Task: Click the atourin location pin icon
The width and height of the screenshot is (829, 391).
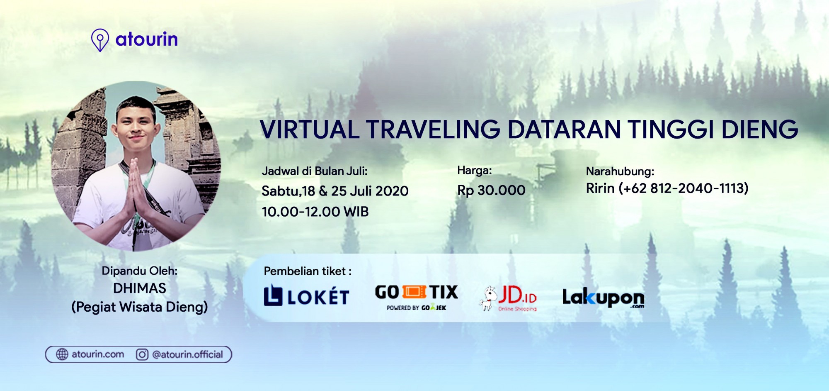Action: (100, 40)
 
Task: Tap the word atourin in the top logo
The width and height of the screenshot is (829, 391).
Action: (147, 39)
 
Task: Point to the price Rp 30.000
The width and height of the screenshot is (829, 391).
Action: (491, 190)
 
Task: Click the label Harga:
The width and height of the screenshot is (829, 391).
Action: (474, 170)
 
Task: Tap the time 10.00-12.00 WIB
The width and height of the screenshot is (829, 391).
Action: (315, 212)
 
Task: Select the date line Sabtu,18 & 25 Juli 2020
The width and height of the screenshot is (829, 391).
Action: (335, 191)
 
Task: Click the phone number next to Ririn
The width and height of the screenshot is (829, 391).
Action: (684, 188)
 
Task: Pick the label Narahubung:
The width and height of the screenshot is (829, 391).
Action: (620, 171)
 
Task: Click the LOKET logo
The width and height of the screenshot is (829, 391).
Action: (306, 296)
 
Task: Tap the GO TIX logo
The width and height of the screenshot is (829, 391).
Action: (417, 297)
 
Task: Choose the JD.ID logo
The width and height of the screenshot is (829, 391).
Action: (508, 298)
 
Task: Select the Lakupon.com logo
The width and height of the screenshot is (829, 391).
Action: (603, 298)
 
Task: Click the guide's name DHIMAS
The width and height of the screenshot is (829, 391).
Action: (140, 288)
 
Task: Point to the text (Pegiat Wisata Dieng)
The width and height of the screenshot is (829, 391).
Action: (140, 307)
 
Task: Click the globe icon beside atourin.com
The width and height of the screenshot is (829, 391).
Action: (62, 354)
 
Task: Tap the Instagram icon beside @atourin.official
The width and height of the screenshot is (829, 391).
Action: (142, 354)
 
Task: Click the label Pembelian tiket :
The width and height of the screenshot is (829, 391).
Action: (308, 271)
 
